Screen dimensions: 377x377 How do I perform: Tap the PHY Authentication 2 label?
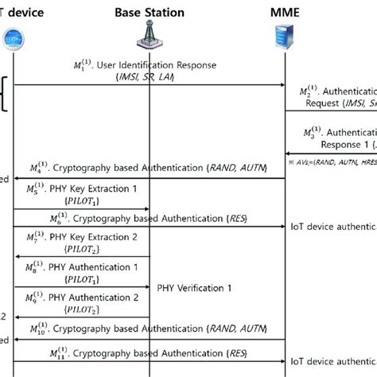pyautogui.click(x=93, y=299)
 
